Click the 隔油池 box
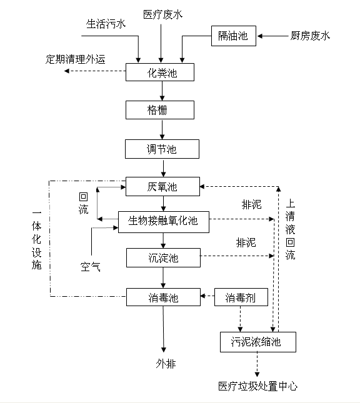[233, 37]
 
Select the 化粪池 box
[162, 72]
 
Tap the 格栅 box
[162, 110]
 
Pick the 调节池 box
[162, 149]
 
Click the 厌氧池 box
[162, 186]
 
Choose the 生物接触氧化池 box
[162, 221]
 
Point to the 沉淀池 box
[162, 257]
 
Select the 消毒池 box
[162, 297]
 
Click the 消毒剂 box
[241, 297]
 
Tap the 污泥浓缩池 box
[257, 342]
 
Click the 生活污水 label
[106, 24]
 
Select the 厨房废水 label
[310, 36]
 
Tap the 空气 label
[89, 267]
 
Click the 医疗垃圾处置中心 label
[257, 386]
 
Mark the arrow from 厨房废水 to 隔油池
[272, 37]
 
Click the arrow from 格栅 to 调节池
[162, 129]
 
